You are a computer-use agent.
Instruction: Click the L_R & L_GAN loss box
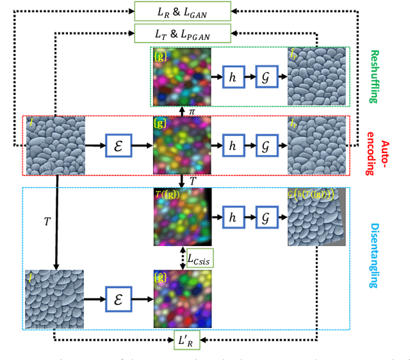tap(182, 10)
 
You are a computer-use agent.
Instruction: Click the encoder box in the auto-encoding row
tap(118, 146)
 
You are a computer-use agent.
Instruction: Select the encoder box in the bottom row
tap(118, 299)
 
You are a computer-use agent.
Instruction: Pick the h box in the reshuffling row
tap(232, 77)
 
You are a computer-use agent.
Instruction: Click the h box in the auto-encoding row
tap(232, 146)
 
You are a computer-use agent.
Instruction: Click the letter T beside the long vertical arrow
tap(47, 222)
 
